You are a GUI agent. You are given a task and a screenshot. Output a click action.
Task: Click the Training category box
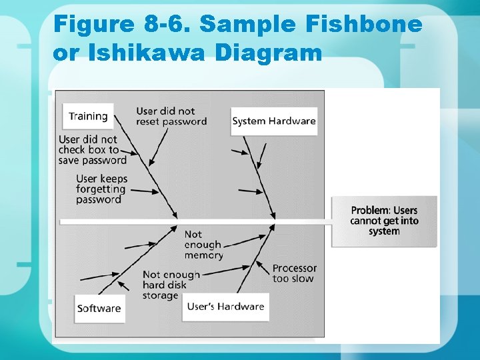(x=88, y=116)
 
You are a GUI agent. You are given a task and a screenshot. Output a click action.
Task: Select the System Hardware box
(x=273, y=121)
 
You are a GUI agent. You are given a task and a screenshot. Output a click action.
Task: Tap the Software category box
(x=99, y=308)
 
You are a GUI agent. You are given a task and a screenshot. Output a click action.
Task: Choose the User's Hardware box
(x=226, y=307)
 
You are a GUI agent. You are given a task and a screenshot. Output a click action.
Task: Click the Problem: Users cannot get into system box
(x=384, y=221)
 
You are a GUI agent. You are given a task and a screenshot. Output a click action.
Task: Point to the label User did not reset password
(x=171, y=116)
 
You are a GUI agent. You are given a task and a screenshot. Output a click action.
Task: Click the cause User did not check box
(x=92, y=150)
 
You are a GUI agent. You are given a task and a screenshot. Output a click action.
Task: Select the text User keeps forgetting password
(x=101, y=189)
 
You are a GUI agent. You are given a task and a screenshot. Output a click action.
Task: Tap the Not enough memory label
(x=203, y=245)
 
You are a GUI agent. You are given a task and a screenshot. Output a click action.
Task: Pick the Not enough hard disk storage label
(x=171, y=285)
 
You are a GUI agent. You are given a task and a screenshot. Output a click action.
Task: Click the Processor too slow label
(x=294, y=273)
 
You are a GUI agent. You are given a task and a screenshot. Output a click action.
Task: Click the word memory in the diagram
(x=203, y=255)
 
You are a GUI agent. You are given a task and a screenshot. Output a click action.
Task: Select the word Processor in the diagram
(x=294, y=268)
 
